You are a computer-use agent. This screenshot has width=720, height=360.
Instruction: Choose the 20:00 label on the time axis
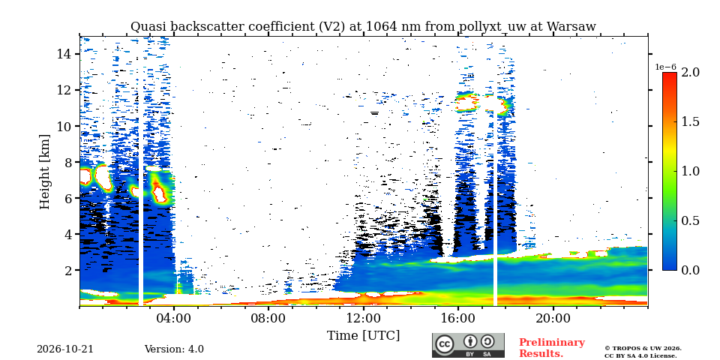click(x=553, y=318)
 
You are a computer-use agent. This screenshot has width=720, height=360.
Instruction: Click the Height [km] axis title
click(x=44, y=172)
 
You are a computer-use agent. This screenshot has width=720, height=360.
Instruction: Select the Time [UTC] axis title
click(x=363, y=336)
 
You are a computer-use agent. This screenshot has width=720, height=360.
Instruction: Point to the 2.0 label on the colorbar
click(x=690, y=72)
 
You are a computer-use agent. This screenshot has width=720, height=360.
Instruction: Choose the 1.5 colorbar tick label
click(x=690, y=121)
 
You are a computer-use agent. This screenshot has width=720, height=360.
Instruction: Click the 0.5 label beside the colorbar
click(x=690, y=220)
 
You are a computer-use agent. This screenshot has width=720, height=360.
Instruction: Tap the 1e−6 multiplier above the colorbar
click(x=665, y=67)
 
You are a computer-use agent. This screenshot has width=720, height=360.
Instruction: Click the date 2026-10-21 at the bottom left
click(x=65, y=349)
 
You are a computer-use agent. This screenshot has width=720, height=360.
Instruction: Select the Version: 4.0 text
click(x=174, y=349)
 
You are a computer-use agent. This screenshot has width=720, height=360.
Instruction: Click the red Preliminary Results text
click(x=552, y=348)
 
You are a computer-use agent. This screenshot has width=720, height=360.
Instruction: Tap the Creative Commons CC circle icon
click(x=445, y=345)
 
